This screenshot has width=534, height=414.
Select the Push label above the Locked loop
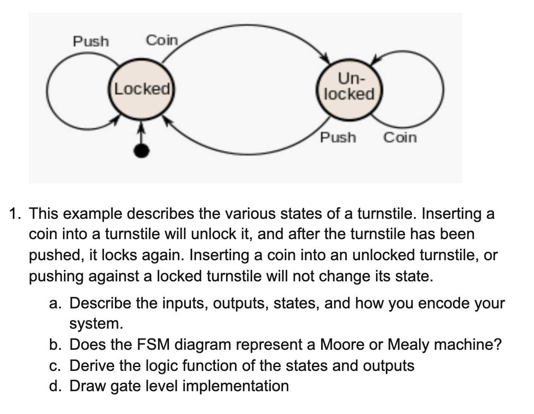coord(91,41)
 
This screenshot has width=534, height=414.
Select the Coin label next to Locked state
coord(162,41)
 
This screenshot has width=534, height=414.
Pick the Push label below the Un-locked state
coord(338,138)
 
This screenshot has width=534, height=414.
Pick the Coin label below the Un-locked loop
coord(400,138)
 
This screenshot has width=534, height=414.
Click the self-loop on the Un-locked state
coord(441,89)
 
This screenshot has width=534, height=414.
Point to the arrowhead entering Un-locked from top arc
coord(325,58)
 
